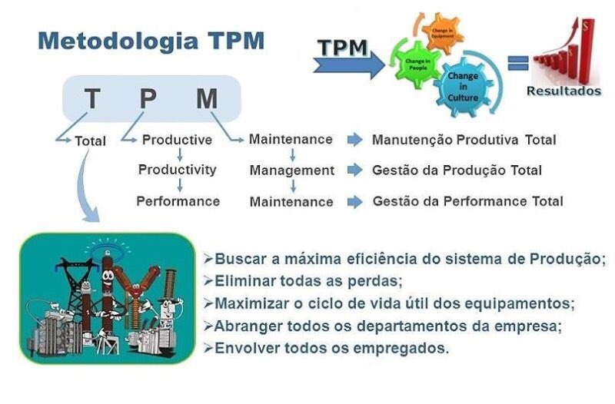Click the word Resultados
pyautogui.click(x=563, y=91)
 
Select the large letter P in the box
pyautogui.click(x=147, y=99)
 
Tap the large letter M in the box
pyautogui.click(x=206, y=99)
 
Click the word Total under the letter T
pyautogui.click(x=91, y=141)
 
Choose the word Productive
pyautogui.click(x=177, y=140)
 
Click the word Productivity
pyautogui.click(x=177, y=170)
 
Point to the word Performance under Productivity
pyautogui.click(x=178, y=201)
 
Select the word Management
pyautogui.click(x=291, y=171)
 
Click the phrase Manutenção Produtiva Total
pyautogui.click(x=464, y=140)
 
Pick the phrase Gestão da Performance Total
pyautogui.click(x=467, y=201)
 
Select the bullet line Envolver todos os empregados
pyautogui.click(x=331, y=348)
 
